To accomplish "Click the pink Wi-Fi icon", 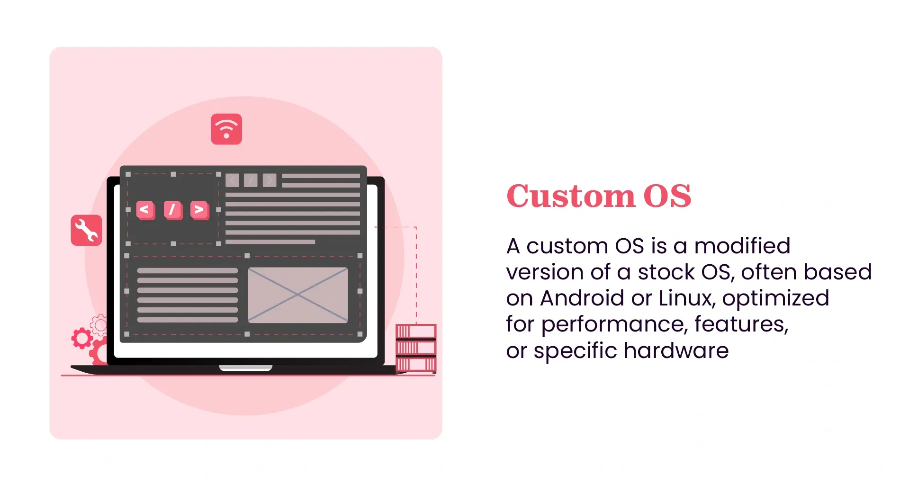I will tap(226, 129).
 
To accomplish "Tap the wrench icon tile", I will tap(86, 230).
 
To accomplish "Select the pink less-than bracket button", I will tap(145, 209).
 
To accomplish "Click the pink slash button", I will tap(172, 209).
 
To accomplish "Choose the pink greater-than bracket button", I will tap(199, 209).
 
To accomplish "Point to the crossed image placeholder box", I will tap(297, 295).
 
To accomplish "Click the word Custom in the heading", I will tap(571, 196).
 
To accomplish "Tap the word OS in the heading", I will tap(667, 196).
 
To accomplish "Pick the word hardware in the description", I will tap(676, 351).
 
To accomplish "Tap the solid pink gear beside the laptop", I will tap(81, 338).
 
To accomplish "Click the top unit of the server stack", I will tap(416, 331).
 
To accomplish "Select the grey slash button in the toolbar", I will tap(251, 180).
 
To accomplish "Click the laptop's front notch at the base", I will tap(245, 368).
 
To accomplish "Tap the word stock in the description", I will tap(666, 272).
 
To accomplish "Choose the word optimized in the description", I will tap(775, 298).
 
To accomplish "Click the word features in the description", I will tap(741, 325).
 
